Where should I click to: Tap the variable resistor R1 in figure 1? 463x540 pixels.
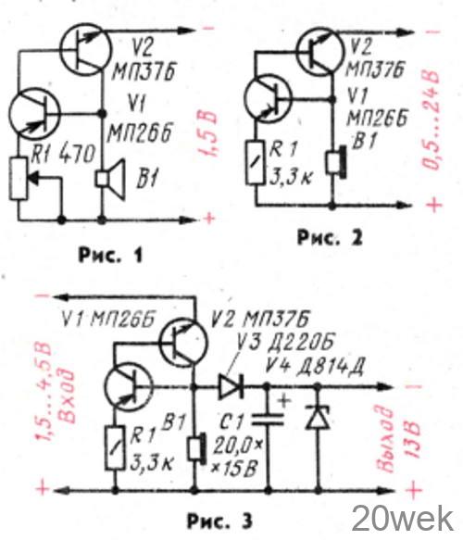point(19,179)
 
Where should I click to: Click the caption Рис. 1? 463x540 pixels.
point(110,256)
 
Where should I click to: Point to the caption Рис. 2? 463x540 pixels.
point(330,238)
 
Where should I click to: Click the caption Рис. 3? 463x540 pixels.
point(219,521)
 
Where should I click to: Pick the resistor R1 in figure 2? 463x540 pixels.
point(256,162)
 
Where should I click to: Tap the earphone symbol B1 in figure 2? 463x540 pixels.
point(335,162)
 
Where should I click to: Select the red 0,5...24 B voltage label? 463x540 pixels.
point(431,120)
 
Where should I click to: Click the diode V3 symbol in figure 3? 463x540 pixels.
point(231,387)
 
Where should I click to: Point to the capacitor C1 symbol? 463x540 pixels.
point(268,421)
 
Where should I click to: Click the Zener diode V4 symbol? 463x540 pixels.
point(318,417)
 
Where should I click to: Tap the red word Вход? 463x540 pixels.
point(68,397)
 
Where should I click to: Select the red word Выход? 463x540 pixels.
point(385,441)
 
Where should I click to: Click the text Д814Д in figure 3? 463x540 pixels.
point(330,367)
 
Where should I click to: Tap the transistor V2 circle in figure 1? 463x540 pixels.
point(86,49)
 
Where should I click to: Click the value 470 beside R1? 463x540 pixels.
point(77,154)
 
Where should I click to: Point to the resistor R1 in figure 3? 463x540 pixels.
point(115,447)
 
